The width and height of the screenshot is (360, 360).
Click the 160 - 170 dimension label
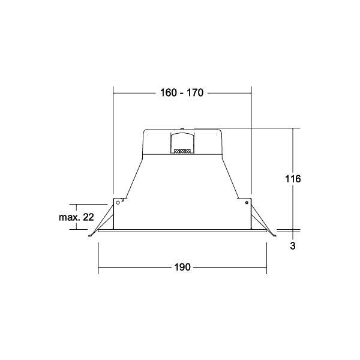[182, 93]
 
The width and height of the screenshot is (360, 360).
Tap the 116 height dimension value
[293, 179]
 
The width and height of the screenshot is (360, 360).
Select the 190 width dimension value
[182, 267]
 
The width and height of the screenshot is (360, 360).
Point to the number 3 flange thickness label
[293, 246]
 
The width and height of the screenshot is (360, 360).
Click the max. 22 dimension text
[76, 217]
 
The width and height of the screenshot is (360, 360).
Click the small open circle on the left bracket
[118, 203]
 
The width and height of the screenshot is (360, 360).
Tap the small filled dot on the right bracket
[247, 203]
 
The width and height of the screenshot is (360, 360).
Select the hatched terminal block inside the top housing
[182, 151]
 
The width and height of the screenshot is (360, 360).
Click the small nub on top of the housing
[182, 129]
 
